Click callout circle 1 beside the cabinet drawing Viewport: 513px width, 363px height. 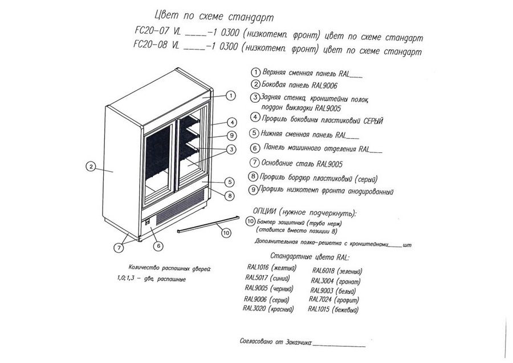click(231, 96)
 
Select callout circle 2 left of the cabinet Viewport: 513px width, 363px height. click(90, 167)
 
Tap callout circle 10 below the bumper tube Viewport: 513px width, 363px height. click(226, 232)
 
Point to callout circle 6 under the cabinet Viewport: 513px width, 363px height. click(158, 245)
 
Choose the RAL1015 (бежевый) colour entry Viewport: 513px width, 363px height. click(333, 310)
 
